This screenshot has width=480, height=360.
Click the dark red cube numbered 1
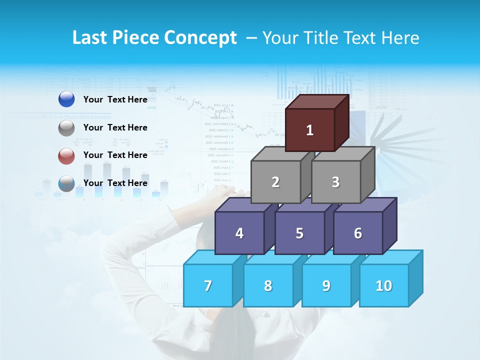tap(310, 130)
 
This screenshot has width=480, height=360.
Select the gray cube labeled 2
tap(275, 182)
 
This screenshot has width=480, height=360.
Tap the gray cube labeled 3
tap(335, 182)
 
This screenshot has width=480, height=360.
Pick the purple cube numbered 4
tap(239, 233)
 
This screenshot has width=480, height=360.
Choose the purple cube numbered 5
tap(299, 233)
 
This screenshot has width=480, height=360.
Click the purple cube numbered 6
tap(358, 233)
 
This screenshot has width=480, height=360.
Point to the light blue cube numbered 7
tap(208, 285)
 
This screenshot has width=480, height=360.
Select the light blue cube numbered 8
tap(268, 285)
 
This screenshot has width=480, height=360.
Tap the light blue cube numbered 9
tap(326, 285)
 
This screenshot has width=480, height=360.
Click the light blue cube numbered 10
tap(384, 285)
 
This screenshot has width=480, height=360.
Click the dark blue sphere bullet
tap(66, 99)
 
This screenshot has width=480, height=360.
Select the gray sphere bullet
tap(66, 128)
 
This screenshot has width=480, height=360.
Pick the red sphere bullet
tap(66, 156)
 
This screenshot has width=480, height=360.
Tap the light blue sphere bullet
tap(66, 183)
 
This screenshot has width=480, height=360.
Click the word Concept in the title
tap(200, 38)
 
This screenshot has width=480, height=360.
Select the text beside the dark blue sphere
tap(115, 99)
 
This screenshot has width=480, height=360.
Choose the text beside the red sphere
tap(115, 155)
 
